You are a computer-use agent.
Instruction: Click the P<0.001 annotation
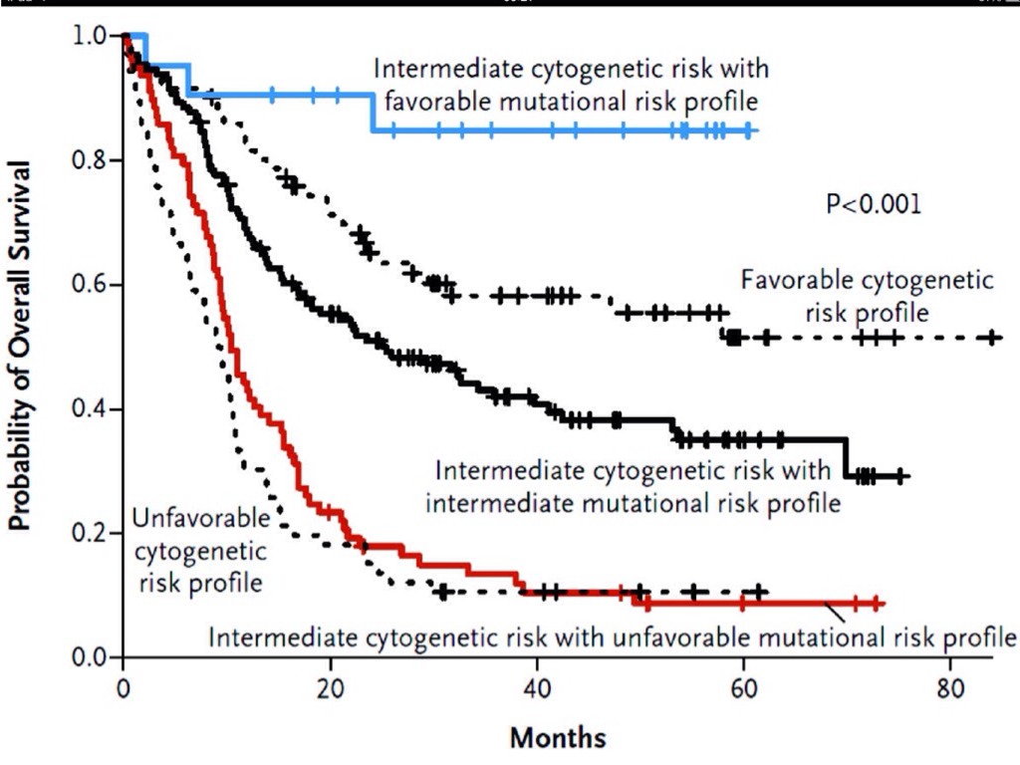(x=874, y=205)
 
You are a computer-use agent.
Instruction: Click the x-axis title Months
(x=558, y=738)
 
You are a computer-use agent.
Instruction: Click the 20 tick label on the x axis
(x=331, y=688)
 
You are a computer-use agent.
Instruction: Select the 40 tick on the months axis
(x=537, y=688)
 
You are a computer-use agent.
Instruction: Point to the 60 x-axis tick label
(x=743, y=688)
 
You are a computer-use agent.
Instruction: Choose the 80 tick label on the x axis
(x=949, y=688)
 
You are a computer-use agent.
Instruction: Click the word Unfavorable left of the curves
(x=200, y=519)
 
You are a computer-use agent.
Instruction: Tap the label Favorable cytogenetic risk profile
(x=866, y=296)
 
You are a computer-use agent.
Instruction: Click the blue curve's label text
(x=571, y=85)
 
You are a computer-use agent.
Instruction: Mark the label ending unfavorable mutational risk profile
(x=612, y=637)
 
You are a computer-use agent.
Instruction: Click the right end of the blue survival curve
(x=756, y=130)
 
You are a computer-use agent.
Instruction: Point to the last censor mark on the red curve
(x=876, y=603)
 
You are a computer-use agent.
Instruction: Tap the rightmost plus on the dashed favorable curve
(x=992, y=338)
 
